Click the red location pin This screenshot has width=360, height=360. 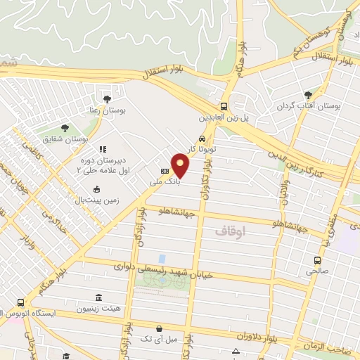(181, 165)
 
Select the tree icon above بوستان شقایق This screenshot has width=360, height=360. (65, 128)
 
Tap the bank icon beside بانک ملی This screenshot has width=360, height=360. (165, 171)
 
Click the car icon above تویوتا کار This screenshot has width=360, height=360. (202, 139)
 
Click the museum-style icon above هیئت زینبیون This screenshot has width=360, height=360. (97, 297)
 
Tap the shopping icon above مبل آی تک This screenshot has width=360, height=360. (159, 329)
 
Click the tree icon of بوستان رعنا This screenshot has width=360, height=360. (107, 99)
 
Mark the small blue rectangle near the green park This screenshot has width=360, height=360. (162, 259)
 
